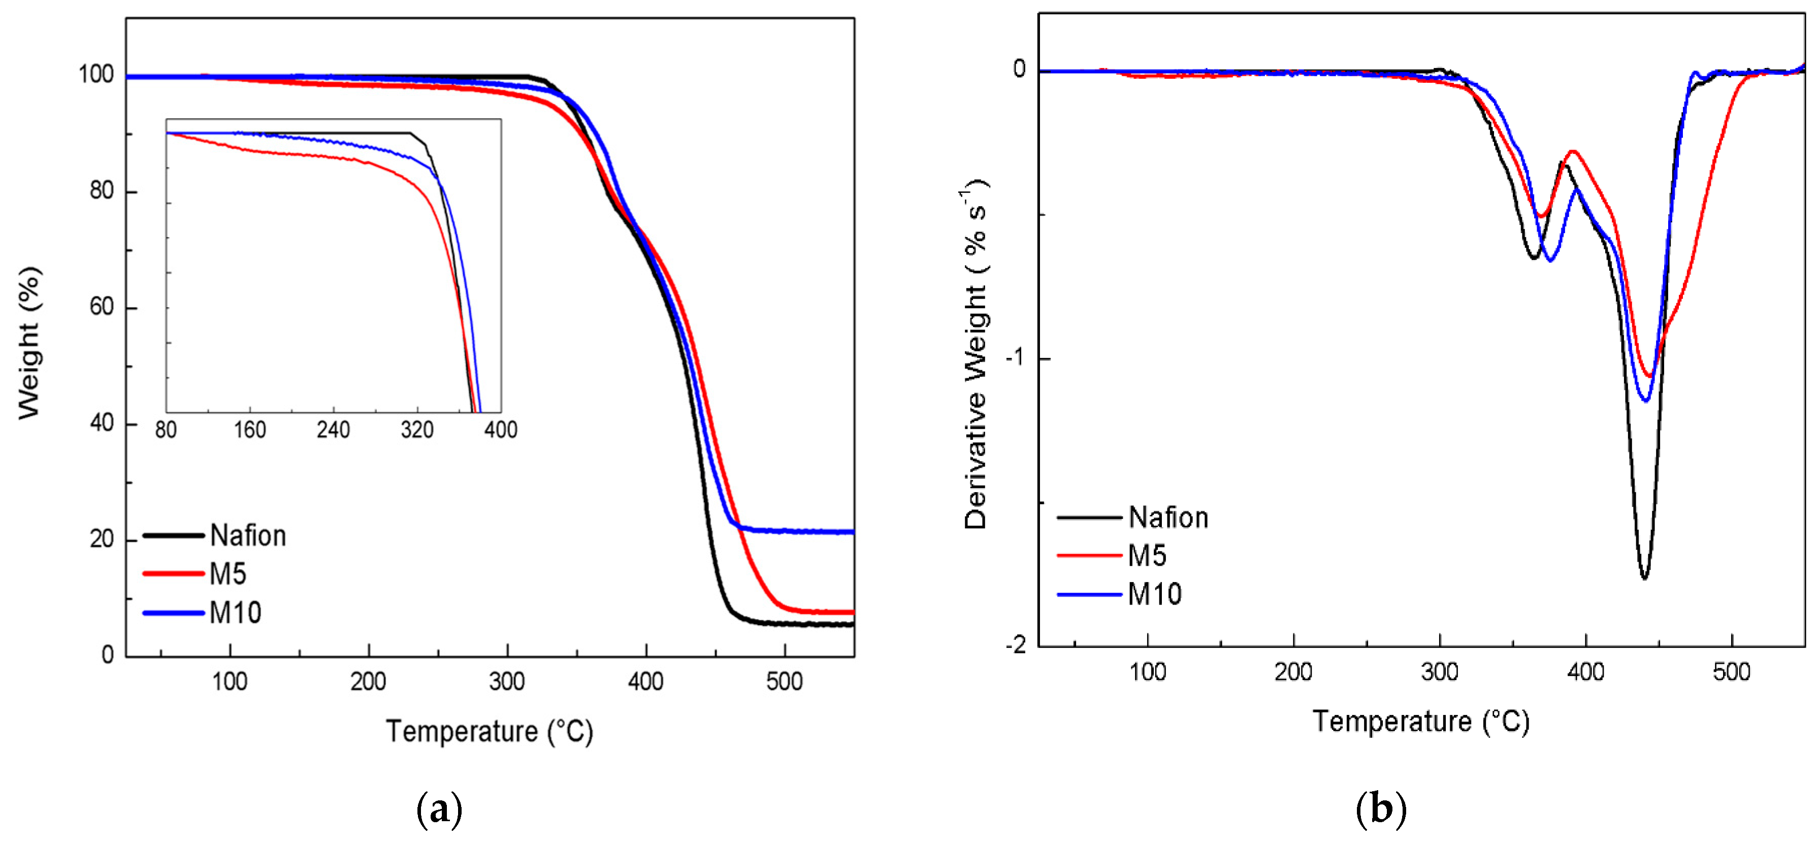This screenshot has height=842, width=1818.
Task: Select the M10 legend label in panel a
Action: pyautogui.click(x=235, y=612)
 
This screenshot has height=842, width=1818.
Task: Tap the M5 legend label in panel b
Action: pyautogui.click(x=1147, y=556)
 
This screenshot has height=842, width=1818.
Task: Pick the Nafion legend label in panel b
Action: pyautogui.click(x=1168, y=518)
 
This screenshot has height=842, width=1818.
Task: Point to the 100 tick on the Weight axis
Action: pyautogui.click(x=96, y=74)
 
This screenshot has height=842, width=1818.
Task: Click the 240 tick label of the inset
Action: pyautogui.click(x=333, y=430)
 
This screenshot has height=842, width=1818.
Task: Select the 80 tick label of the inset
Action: pyautogui.click(x=166, y=430)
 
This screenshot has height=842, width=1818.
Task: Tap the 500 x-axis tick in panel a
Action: pyautogui.click(x=784, y=682)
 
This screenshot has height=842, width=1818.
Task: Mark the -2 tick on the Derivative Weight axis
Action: pyautogui.click(x=1016, y=644)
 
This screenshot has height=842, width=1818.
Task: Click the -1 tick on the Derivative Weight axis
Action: pyautogui.click(x=1016, y=358)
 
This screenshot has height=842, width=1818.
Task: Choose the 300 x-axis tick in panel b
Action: pyautogui.click(x=1440, y=672)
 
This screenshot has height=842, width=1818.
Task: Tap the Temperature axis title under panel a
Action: pyautogui.click(x=489, y=731)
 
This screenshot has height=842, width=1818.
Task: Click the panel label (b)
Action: pyautogui.click(x=1380, y=809)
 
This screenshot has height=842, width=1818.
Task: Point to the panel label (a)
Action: pyautogui.click(x=440, y=809)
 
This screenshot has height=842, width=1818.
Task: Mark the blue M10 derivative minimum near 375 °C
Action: pyautogui.click(x=1550, y=261)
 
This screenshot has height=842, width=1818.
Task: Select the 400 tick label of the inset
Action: pyautogui.click(x=500, y=430)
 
